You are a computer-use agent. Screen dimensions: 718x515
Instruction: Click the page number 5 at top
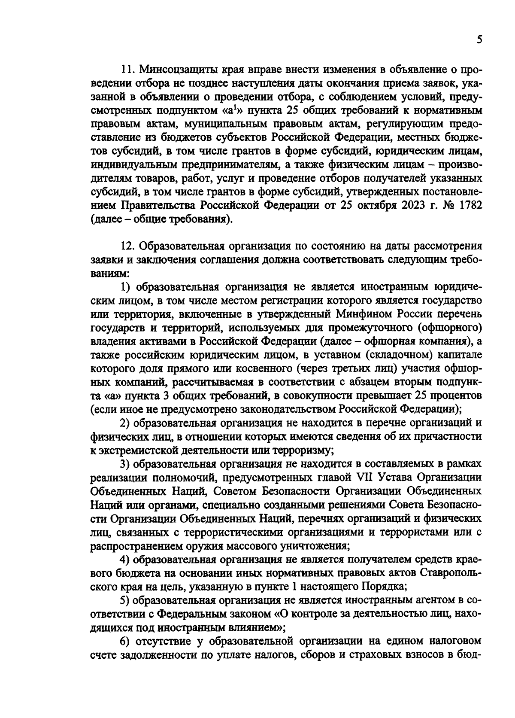(479, 40)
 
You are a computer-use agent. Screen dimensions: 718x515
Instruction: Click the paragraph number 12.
(128, 246)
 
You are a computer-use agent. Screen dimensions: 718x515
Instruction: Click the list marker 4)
(125, 560)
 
